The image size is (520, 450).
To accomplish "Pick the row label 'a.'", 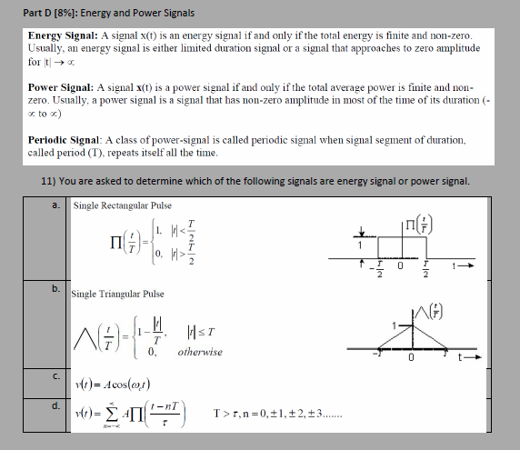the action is click(x=57, y=205).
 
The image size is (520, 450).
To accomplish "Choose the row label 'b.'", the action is click(x=57, y=289).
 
